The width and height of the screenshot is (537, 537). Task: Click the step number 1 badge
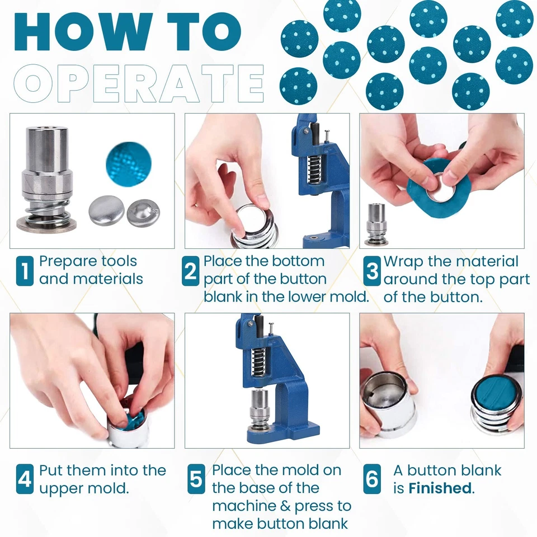(x=25, y=271)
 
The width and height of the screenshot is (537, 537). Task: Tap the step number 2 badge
(x=190, y=271)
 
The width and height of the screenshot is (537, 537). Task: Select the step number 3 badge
(x=372, y=271)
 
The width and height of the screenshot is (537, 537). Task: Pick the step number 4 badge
(x=25, y=479)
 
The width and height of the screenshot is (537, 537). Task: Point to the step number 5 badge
(x=196, y=479)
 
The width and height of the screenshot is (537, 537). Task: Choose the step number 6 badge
(x=372, y=479)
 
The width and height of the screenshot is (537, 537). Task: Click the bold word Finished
(x=440, y=488)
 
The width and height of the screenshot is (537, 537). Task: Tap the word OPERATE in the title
(x=139, y=83)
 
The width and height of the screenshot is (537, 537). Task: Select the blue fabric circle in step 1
(x=129, y=164)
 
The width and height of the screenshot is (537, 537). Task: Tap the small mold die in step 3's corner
(x=376, y=224)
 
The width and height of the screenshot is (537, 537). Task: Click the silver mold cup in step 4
(x=128, y=429)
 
